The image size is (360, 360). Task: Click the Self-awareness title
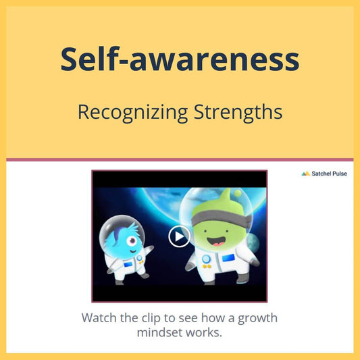point(180,59)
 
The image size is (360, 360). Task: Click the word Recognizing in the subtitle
point(132,113)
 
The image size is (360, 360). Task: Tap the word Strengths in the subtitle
point(238,112)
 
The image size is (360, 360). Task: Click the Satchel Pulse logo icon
point(305,174)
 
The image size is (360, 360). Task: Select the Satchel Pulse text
point(329,174)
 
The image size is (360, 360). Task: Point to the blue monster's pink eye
point(132,240)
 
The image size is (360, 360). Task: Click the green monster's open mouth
point(217,241)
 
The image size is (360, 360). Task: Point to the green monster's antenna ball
point(238,193)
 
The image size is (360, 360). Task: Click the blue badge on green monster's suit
point(228,258)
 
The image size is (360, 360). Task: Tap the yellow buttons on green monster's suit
point(207,266)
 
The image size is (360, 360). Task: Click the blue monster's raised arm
point(147,250)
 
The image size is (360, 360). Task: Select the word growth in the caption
point(257,319)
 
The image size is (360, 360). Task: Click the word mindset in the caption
point(160,332)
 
